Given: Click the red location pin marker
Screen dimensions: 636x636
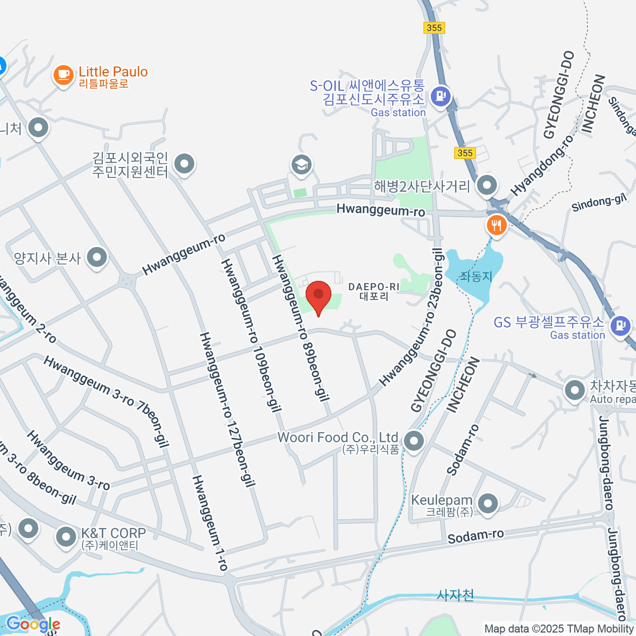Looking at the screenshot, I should pos(319,296).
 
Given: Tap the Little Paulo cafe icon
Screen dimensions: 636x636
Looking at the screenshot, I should pos(63,75).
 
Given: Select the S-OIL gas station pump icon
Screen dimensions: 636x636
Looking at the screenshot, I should pos(441,96).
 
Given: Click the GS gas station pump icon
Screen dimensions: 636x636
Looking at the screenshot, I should pos(619,325).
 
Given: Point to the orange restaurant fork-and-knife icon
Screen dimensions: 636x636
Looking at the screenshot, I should pos(496,226).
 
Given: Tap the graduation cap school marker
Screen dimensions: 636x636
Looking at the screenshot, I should pos(302,164).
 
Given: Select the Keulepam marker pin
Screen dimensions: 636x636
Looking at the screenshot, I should pos(488,503).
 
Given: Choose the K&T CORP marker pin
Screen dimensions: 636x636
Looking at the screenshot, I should pos(66,537).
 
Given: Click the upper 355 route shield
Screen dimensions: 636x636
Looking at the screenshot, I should pos(434,28).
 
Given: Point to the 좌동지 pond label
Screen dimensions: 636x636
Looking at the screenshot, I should pos(476,276).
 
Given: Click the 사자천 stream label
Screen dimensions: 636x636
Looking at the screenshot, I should pos(455,595).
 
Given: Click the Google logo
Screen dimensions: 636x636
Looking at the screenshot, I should pos(33,624).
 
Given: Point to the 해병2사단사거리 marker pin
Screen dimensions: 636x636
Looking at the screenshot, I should pos(487,185).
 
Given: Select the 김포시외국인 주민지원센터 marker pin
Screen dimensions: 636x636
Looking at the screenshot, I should pos(184,164).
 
